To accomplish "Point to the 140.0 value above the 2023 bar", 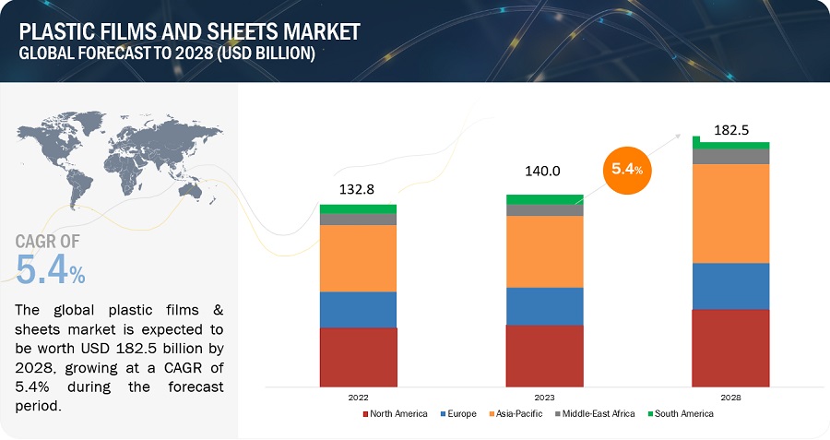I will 543,171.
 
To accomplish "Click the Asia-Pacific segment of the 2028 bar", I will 730,213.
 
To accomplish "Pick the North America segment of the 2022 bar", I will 358,356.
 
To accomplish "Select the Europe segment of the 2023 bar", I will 544,306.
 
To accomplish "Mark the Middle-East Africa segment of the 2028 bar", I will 730,157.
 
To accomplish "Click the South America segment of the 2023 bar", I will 544,199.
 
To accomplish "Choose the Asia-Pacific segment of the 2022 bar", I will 358,258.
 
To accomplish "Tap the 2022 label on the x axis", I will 358,398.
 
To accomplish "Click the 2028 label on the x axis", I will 730,398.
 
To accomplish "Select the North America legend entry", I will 394,414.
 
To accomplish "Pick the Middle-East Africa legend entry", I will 595,414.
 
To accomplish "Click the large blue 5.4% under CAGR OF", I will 51,268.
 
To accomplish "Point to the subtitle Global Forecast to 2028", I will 167,54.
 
